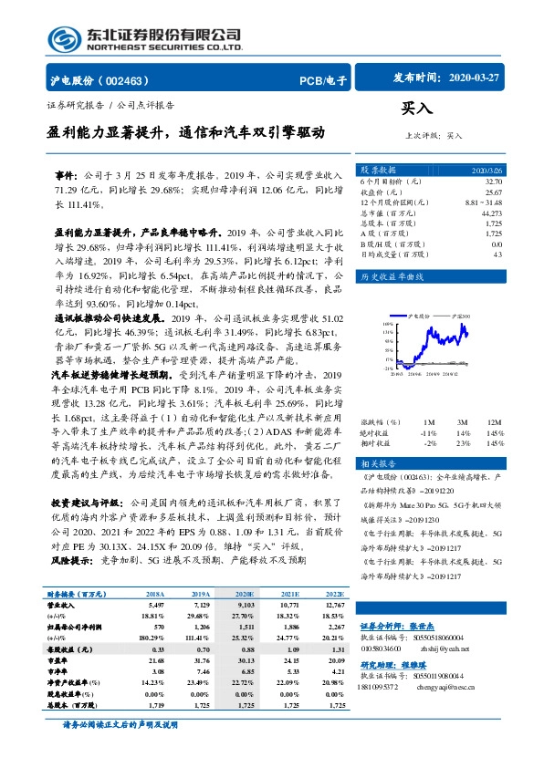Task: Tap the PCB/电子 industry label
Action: coord(324,81)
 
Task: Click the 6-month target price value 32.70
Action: coord(490,182)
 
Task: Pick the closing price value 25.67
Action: coord(490,192)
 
